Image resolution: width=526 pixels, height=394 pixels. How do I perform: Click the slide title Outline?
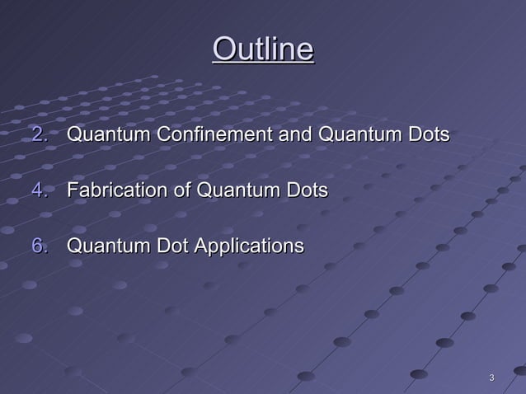point(263,49)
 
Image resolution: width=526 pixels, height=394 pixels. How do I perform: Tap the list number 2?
point(39,134)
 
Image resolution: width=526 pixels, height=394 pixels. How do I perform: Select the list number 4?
point(39,190)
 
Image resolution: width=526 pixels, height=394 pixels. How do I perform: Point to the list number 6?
point(39,246)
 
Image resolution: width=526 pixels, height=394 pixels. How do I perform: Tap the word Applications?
point(247,246)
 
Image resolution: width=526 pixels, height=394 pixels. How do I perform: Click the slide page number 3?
point(491,378)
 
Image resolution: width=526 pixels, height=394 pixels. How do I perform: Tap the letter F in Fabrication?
point(72,190)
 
